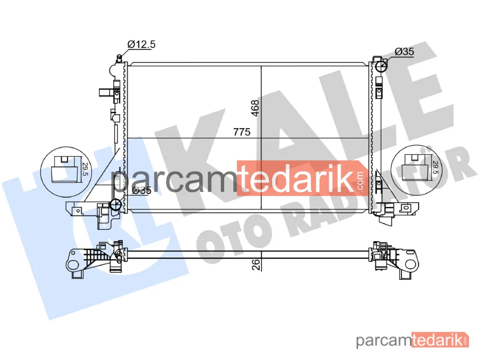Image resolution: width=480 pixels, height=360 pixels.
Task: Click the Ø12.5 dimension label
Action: (x=142, y=44)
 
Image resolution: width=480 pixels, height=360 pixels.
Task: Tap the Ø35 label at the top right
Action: (x=404, y=51)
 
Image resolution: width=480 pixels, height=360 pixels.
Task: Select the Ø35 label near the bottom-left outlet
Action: (x=142, y=190)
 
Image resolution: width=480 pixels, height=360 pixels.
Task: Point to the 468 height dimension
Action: (x=255, y=108)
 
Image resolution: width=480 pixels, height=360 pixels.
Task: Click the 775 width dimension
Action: (x=242, y=132)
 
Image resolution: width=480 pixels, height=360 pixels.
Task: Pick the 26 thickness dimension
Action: (x=256, y=264)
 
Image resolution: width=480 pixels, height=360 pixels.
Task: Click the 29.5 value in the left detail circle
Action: (x=85, y=169)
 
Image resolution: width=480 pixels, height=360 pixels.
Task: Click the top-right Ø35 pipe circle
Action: (x=381, y=65)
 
